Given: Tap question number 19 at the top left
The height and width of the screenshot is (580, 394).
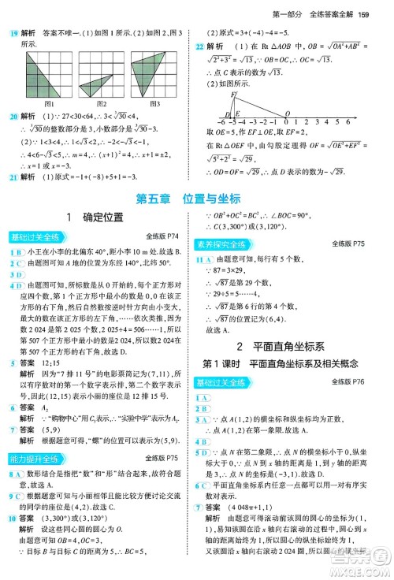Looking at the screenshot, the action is tap(13, 32).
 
